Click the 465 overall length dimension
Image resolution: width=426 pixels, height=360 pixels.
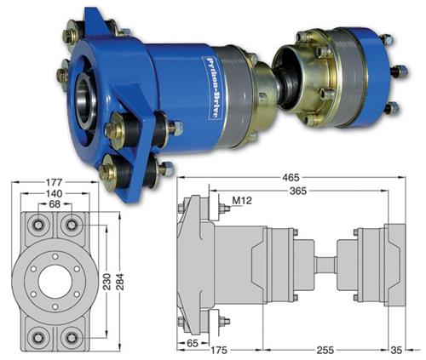pyautogui.click(x=291, y=178)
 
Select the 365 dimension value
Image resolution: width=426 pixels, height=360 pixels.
pyautogui.click(x=298, y=191)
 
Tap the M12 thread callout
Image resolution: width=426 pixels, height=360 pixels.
pyautogui.click(x=242, y=201)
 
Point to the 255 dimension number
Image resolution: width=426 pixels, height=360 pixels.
pyautogui.click(x=325, y=350)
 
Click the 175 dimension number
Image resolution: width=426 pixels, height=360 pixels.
pyautogui.click(x=219, y=350)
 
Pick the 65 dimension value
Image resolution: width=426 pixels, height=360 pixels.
pyautogui.click(x=193, y=343)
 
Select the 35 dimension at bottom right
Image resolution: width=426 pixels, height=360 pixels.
pyautogui.click(x=396, y=350)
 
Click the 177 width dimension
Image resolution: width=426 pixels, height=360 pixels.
pyautogui.click(x=54, y=182)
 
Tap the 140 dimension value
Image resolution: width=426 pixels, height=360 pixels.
pyautogui.click(x=54, y=193)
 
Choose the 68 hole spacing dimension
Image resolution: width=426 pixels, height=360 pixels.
pyautogui.click(x=55, y=203)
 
